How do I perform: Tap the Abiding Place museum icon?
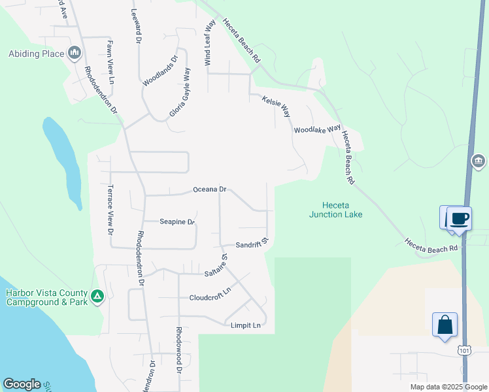(74, 52)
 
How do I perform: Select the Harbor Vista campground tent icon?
(97, 297)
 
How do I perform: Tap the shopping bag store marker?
(445, 325)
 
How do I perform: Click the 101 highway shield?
(464, 351)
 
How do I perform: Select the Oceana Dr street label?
(209, 189)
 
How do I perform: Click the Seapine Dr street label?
(177, 222)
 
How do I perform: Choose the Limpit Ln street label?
(245, 325)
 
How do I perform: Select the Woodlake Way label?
(318, 130)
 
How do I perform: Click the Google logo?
(22, 384)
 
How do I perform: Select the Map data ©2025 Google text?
(448, 387)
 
